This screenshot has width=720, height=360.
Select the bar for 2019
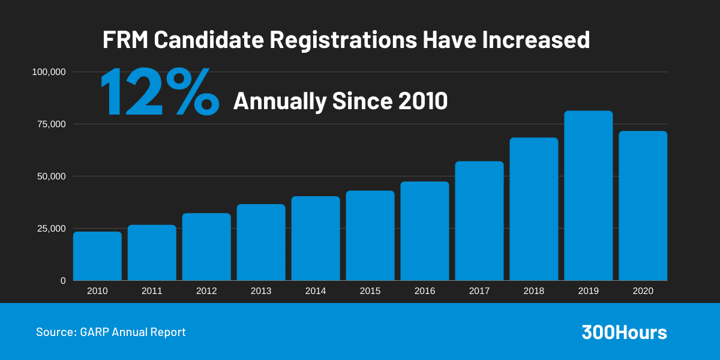[588, 196]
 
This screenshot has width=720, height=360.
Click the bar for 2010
[97, 256]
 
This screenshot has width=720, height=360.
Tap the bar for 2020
[643, 206]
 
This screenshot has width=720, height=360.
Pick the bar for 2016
[425, 231]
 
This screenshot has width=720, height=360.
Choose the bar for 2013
[261, 242]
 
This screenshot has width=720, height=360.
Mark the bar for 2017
[479, 221]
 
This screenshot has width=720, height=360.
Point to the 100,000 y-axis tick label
[48, 72]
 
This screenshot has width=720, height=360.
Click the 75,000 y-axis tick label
[50, 124]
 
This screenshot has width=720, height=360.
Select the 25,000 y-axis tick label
[50, 229]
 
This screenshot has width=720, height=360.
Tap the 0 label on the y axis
[63, 281]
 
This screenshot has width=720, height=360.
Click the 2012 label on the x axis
[206, 291]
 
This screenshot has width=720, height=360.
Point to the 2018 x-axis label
[534, 291]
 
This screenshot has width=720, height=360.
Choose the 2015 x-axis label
[370, 291]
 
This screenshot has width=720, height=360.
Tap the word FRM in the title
[124, 40]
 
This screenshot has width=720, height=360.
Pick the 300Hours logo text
[624, 332]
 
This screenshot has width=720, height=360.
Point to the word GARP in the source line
[94, 332]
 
